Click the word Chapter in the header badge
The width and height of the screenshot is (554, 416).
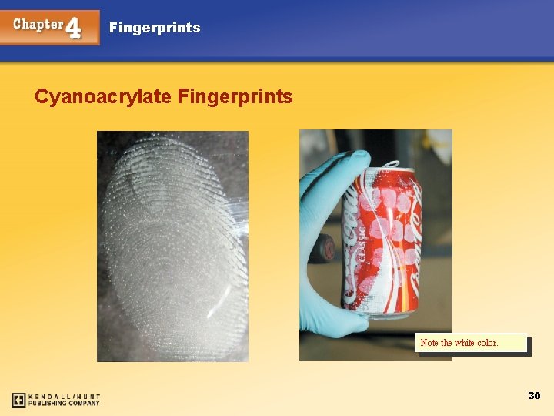38,24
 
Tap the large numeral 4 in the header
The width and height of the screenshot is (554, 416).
74,28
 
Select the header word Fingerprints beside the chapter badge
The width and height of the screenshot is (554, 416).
155,28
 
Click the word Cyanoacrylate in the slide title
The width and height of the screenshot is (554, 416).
103,97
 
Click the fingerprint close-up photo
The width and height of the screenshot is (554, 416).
172,246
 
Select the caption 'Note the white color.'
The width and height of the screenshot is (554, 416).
459,343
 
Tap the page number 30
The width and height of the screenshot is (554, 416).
534,395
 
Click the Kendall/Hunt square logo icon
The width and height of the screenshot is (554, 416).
19,400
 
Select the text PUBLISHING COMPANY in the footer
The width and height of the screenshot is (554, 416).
65,403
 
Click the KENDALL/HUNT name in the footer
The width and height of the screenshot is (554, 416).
65,396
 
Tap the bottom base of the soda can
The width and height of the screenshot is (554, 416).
380,312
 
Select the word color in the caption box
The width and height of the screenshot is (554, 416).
488,343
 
